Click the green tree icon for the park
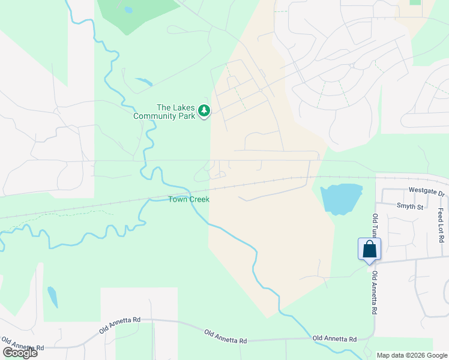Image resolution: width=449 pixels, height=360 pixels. coord(204,111)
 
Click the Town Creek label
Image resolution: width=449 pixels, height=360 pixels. coord(188,199)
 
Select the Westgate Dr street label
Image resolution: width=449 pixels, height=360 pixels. coord(426,193)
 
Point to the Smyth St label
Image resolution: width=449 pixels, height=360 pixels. coord(410,206)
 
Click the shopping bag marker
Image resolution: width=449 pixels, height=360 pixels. coord(369,249)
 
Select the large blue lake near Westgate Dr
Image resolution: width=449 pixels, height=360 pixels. coord(341,199)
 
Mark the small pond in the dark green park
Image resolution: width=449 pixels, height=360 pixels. coord(128,10)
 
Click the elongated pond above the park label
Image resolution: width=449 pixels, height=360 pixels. coord(144,82)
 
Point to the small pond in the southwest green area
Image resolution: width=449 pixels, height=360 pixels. coord(53,296)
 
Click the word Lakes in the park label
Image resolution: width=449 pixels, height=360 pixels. coord(184,107)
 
